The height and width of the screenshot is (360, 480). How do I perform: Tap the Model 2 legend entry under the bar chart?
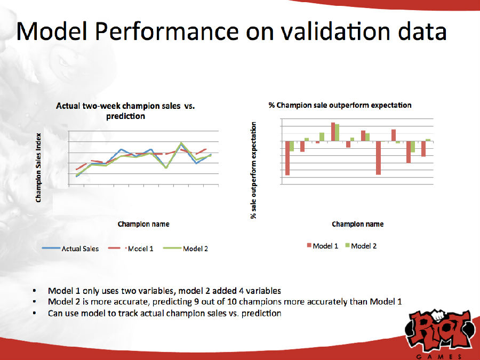pyautogui.click(x=364, y=246)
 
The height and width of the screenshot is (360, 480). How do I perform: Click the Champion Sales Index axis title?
pyautogui.click(x=38, y=167)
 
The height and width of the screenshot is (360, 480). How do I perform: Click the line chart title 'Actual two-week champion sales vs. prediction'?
pyautogui.click(x=126, y=111)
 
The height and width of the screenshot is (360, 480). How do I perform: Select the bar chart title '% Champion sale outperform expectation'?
pyautogui.click(x=340, y=105)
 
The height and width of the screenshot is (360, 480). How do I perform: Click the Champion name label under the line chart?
pyautogui.click(x=143, y=224)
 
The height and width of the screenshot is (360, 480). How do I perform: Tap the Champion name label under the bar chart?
pyautogui.click(x=357, y=224)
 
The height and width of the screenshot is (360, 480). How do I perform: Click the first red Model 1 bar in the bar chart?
pyautogui.click(x=287, y=158)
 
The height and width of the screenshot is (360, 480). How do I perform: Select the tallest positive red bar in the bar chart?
pyautogui.click(x=333, y=132)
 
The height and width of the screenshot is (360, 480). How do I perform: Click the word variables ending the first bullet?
pyautogui.click(x=260, y=291)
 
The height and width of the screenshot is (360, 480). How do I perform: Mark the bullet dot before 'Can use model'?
pyautogui.click(x=34, y=314)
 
